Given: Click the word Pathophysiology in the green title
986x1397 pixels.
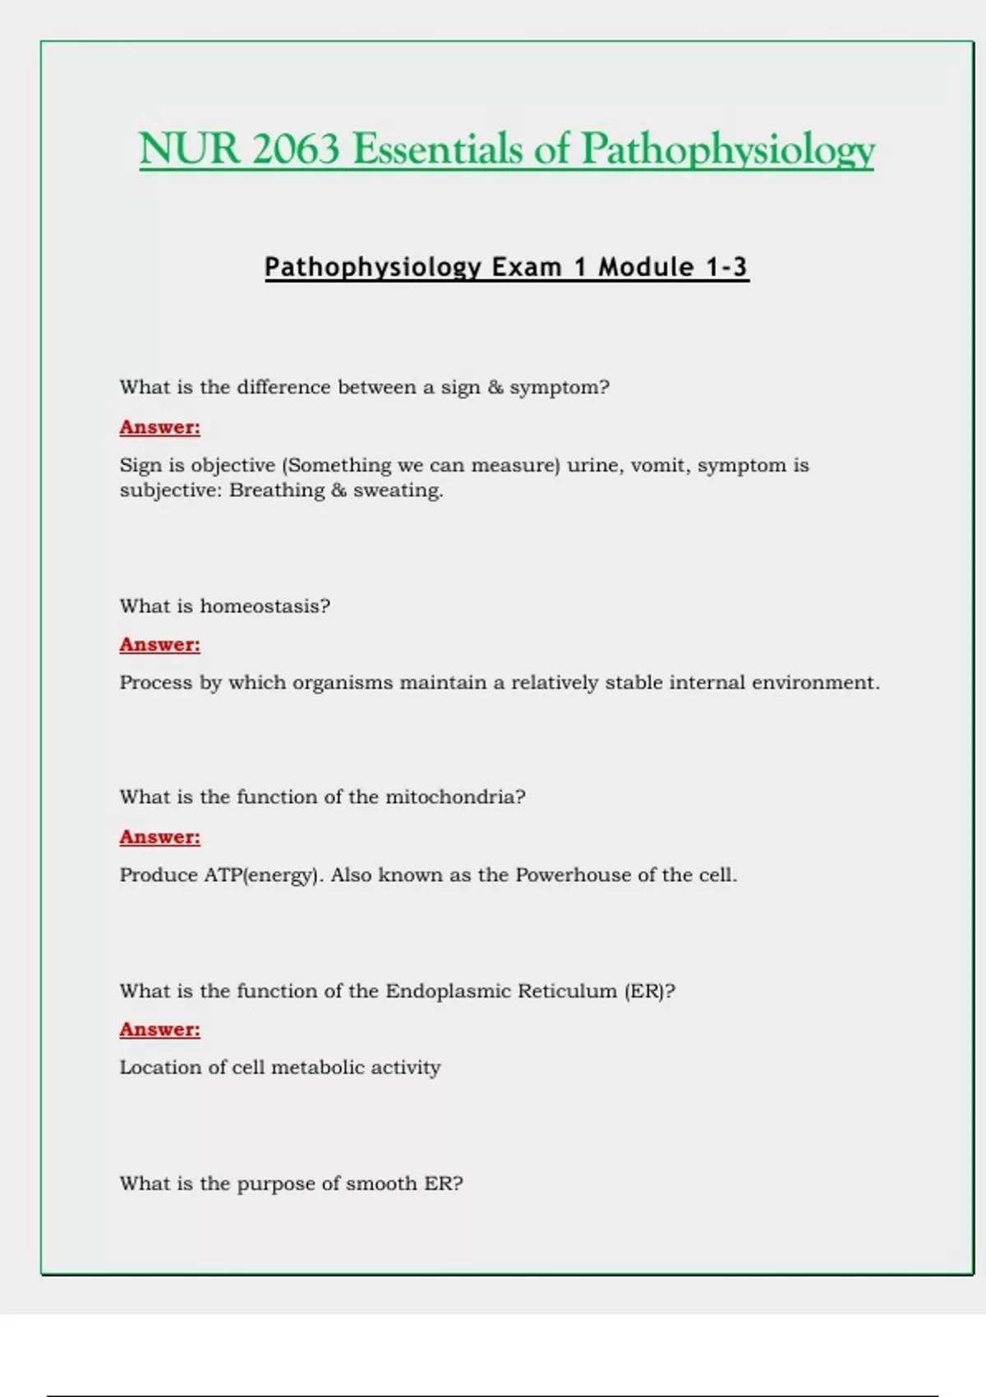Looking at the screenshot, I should pyautogui.click(x=727, y=150).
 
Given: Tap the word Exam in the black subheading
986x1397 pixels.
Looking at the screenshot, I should pyautogui.click(x=527, y=267).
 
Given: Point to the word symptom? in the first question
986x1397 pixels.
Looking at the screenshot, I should pyautogui.click(x=560, y=388).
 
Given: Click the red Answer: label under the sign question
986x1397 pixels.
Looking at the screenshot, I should pyautogui.click(x=159, y=427).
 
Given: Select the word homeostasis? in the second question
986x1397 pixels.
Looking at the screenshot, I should pyautogui.click(x=265, y=606).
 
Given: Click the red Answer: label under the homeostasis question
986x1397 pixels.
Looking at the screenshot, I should pyautogui.click(x=159, y=645).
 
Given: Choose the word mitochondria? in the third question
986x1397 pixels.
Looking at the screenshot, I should pyautogui.click(x=455, y=797).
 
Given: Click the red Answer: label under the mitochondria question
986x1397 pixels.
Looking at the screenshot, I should pyautogui.click(x=159, y=837).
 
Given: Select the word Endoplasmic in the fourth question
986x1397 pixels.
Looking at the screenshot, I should pyautogui.click(x=448, y=991).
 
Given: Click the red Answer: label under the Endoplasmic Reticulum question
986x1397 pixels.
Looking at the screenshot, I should pyautogui.click(x=159, y=1030).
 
